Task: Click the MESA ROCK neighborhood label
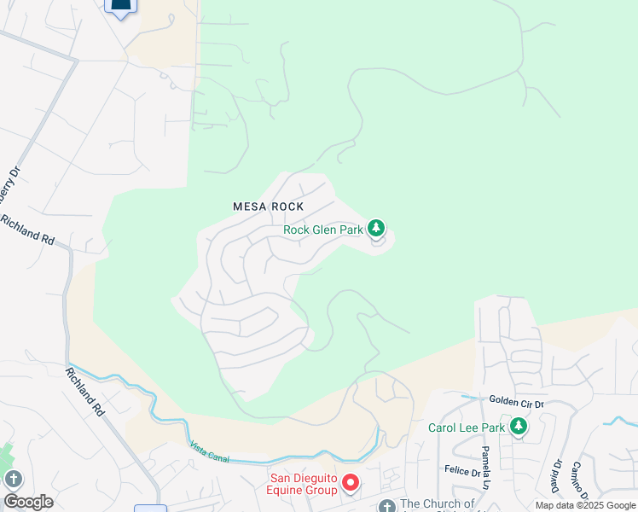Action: click(x=269, y=207)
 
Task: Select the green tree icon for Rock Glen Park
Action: click(x=376, y=228)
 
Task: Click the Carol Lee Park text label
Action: click(x=465, y=426)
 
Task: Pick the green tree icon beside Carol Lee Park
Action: click(x=517, y=425)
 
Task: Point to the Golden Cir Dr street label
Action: click(x=517, y=399)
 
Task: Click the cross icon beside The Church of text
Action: click(x=386, y=505)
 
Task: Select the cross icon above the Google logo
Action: click(x=13, y=479)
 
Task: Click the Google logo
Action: click(x=28, y=502)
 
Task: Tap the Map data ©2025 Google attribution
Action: click(x=585, y=505)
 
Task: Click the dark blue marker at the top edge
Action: click(x=121, y=7)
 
